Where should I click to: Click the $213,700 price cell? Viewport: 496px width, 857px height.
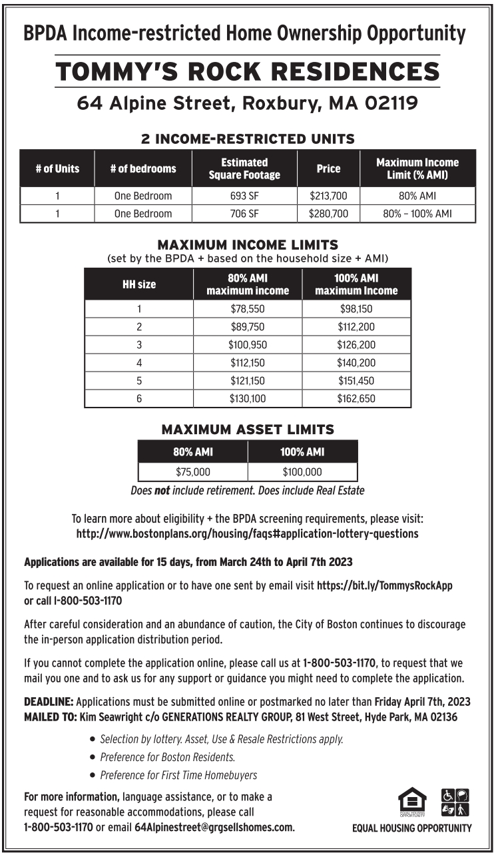point(328,196)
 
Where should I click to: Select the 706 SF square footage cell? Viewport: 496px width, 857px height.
point(244,214)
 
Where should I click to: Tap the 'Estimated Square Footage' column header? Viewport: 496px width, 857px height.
point(244,168)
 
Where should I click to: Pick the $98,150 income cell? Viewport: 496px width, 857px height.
point(356,309)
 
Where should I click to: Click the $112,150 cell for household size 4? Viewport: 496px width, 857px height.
point(247,363)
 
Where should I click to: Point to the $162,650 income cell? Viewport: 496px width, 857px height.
point(356,399)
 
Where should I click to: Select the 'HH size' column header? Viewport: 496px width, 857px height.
point(138,284)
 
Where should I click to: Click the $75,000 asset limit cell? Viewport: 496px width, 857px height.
point(193,472)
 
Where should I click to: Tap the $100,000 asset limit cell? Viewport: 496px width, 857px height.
point(302,472)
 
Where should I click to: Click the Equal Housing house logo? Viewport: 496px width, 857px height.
point(412,802)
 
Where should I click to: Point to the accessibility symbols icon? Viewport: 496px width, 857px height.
point(455,802)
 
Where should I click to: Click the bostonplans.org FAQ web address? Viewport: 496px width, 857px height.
point(247,533)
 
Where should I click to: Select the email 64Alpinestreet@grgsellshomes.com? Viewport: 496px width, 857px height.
point(214,827)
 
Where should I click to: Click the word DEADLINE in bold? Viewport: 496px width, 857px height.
point(49,702)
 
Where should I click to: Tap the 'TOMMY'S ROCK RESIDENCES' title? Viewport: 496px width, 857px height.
point(247,71)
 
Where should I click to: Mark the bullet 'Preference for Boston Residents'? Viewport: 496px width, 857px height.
point(167,757)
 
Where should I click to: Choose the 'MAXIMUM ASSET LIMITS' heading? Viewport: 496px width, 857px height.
point(247,429)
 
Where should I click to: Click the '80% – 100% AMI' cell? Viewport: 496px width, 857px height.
point(417,214)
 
